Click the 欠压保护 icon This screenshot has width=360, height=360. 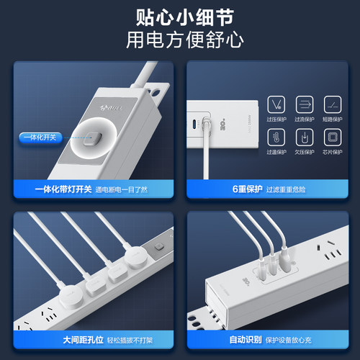[304, 137]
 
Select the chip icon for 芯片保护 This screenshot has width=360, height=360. [332, 137]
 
